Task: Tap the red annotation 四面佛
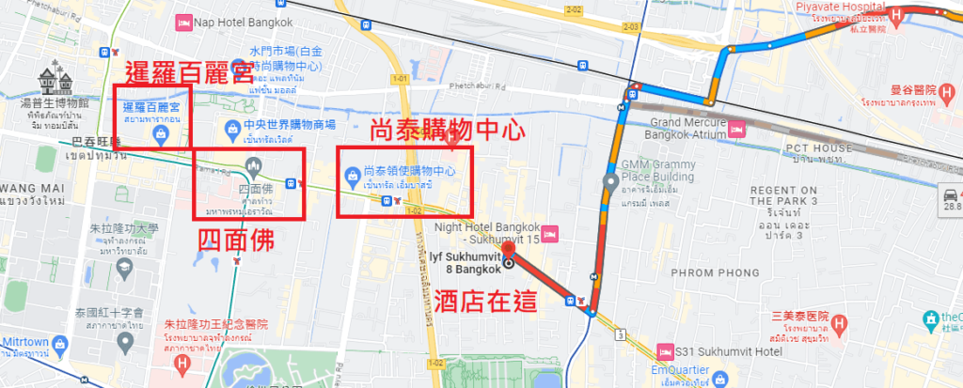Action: pos(237,241)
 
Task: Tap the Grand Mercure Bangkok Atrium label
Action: pos(687,128)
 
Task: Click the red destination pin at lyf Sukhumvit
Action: pos(509,254)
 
